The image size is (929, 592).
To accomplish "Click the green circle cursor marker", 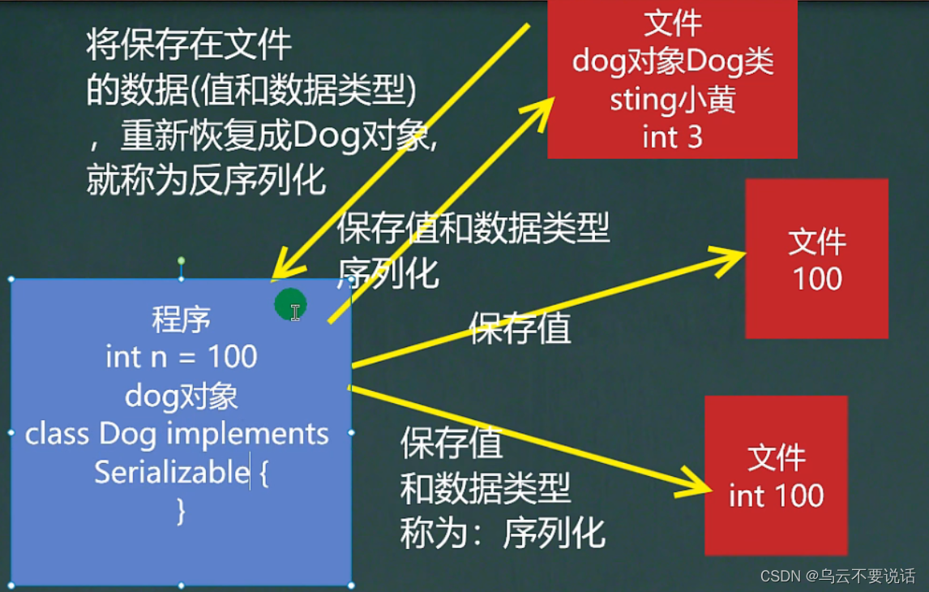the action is click(290, 305).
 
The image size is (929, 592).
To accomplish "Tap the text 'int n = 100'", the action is click(182, 357).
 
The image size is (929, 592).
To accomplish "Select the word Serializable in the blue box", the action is click(172, 472).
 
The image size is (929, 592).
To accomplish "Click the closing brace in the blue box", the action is click(182, 511).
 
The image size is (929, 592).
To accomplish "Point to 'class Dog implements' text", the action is click(177, 433).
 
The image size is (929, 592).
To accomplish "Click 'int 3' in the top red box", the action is click(673, 138).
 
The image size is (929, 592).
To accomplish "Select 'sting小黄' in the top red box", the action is click(673, 100).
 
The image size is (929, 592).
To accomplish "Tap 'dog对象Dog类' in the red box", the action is click(673, 61).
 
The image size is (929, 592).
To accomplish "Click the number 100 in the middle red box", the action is click(817, 278).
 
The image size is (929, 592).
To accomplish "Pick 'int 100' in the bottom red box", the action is click(776, 495).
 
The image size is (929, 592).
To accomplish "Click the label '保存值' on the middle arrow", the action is click(520, 328).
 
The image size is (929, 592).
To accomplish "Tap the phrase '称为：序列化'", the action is click(503, 533).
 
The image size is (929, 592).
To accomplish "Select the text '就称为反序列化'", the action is click(206, 180).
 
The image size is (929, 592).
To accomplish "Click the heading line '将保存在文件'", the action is click(189, 45).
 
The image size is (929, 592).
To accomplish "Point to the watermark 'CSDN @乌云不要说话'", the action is click(837, 576).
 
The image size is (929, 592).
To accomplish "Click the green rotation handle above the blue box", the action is click(182, 261).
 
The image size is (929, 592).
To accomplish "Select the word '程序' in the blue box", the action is click(182, 320).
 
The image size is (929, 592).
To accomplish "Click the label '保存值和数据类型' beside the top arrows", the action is click(473, 228).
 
